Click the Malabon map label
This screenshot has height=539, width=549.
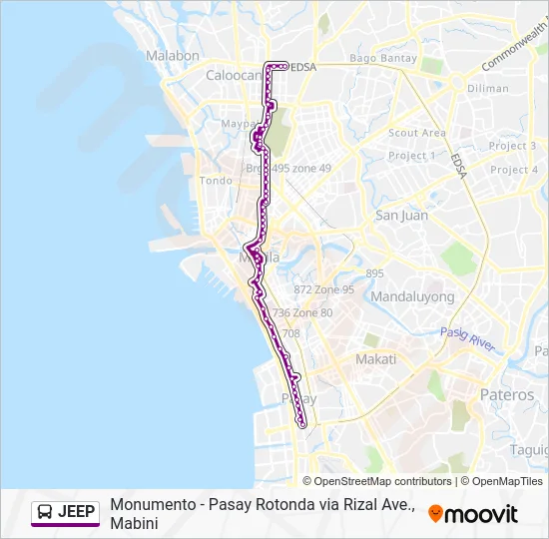point(173,56)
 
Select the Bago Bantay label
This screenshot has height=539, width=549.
point(383,59)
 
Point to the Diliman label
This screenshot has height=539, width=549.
point(487,88)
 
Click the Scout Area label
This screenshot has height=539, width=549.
point(417,133)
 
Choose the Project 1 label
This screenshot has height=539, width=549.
point(412,156)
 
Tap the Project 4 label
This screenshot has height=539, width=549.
point(514,170)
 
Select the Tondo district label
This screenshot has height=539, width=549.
point(216,181)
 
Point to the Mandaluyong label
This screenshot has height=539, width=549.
point(412,296)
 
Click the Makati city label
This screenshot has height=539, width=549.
point(375,359)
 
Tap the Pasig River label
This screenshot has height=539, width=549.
point(468,338)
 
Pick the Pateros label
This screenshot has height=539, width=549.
point(507,394)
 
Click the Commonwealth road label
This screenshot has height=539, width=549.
point(514,47)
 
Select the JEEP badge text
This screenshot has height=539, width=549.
point(77,512)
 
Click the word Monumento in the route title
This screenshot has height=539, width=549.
point(152,505)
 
